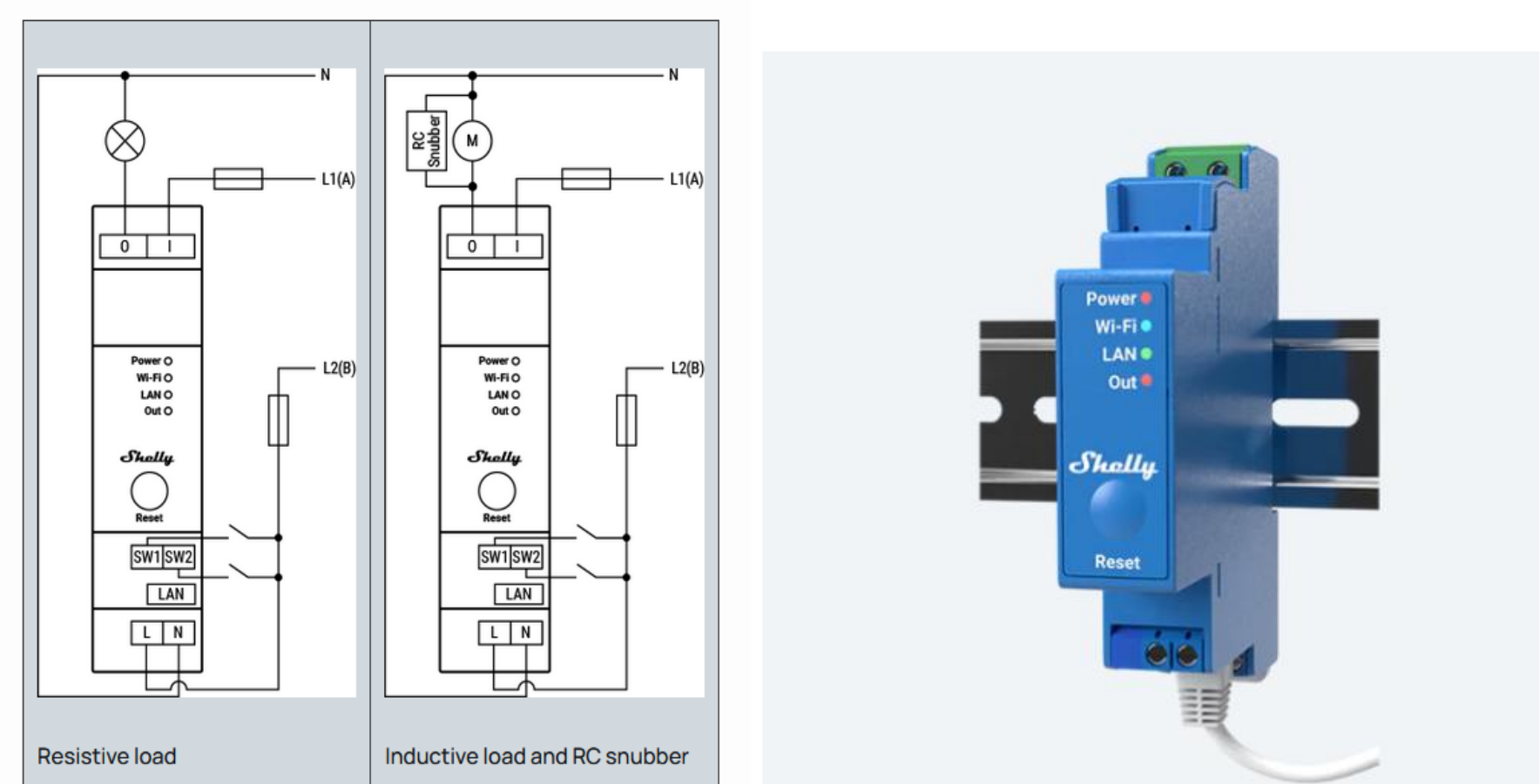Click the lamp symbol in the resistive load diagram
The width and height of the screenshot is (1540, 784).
pos(125,140)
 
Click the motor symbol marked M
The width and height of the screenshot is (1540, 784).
pos(472,140)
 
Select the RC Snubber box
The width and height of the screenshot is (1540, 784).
pos(426,140)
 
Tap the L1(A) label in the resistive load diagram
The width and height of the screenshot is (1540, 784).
pos(338,179)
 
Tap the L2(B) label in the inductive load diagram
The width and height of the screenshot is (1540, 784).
pos(686,368)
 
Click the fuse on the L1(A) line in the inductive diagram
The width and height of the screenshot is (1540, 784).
pos(585,179)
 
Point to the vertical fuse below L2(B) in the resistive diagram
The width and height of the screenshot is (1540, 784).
pos(278,420)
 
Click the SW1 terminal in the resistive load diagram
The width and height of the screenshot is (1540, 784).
pos(146,558)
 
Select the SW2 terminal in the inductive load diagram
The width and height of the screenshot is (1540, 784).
pos(526,558)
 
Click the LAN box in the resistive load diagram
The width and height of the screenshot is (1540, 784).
pos(171,594)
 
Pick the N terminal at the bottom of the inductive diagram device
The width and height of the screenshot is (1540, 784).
pos(525,632)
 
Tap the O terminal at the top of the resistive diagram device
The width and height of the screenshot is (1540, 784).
pos(125,247)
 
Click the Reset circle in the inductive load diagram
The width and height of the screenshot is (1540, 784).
pos(496,491)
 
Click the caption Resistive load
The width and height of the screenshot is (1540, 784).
pos(106,756)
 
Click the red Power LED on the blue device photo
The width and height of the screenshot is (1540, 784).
pos(1146,298)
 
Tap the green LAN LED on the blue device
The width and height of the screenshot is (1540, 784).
pos(1146,354)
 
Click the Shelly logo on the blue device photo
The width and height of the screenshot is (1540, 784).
pos(1113,463)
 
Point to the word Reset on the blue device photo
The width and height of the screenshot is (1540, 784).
pos(1117,562)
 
